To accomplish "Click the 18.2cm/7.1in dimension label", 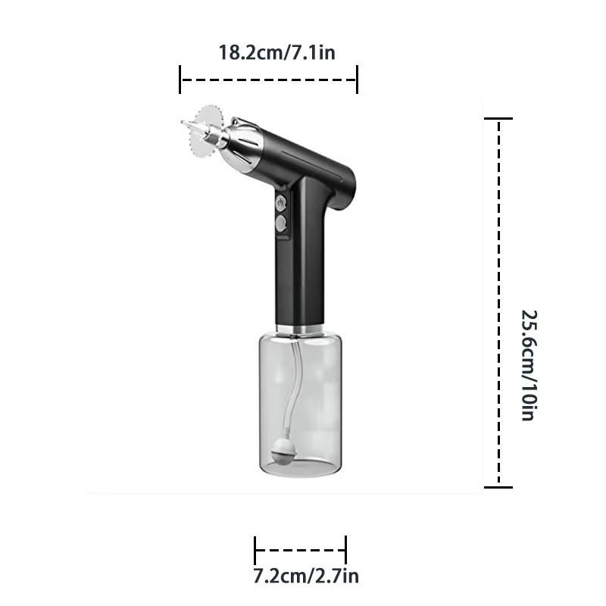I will [x=276, y=53].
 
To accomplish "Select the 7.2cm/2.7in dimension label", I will [x=305, y=576].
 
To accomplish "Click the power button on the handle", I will [x=280, y=203].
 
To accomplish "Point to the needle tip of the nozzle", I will [x=183, y=122].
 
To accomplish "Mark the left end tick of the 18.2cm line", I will [x=180, y=79].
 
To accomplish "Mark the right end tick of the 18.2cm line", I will [x=357, y=79].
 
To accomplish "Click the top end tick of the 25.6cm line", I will [x=498, y=119].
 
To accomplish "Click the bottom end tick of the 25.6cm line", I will [x=498, y=487].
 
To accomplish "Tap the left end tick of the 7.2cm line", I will [x=255, y=550].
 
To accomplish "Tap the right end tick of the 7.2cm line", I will [x=346, y=550].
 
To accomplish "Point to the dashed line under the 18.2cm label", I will [x=268, y=79].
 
